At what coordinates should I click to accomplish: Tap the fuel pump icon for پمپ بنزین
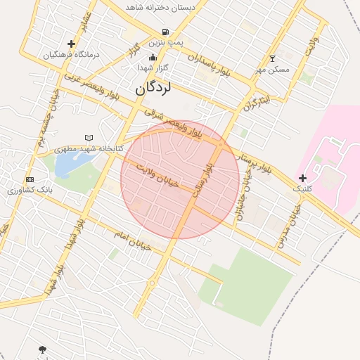click(165, 32)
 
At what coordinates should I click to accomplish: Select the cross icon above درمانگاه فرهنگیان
click(71, 44)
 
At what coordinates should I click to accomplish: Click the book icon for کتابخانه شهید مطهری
click(88, 138)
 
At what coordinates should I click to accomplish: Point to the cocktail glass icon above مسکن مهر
click(273, 58)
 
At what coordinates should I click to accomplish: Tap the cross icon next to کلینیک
click(302, 178)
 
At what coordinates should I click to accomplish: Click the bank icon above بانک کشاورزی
click(29, 179)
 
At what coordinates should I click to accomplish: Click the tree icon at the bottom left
click(43, 349)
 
